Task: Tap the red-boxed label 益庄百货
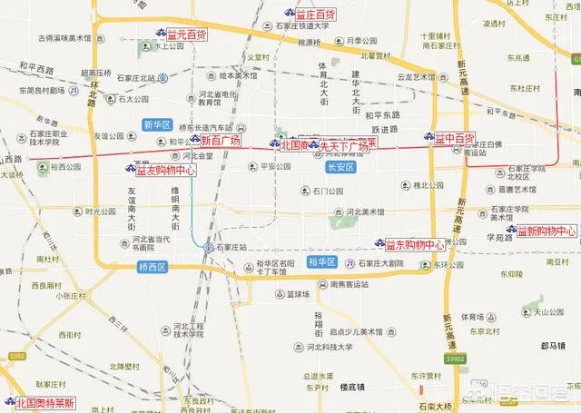316,15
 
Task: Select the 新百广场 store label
220,141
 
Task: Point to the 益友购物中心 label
162,169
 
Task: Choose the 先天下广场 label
343,145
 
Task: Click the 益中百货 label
454,138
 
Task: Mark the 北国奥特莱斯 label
47,402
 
